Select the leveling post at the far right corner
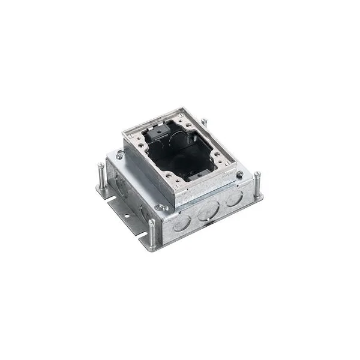click(x=257, y=182)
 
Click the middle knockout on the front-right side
click(x=207, y=212)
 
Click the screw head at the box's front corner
click(x=158, y=208)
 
